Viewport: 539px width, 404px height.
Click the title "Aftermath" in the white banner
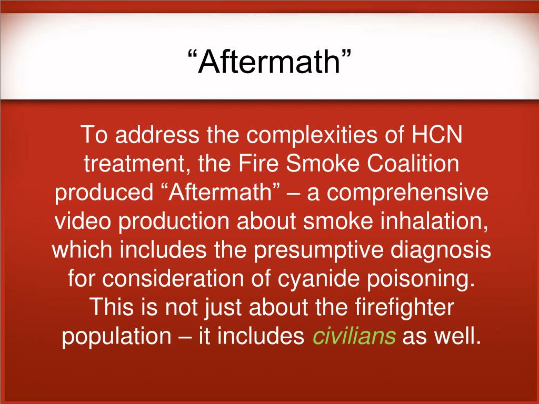point(269,62)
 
